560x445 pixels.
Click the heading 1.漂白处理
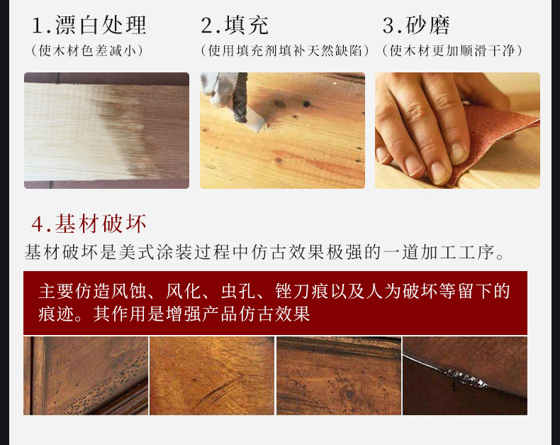(89, 25)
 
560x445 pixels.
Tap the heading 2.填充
(235, 25)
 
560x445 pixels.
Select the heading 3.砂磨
(415, 25)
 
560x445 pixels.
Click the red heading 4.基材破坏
(89, 224)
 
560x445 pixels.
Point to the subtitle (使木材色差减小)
(87, 51)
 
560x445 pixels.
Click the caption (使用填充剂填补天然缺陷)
(285, 51)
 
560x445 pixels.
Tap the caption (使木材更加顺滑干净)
(452, 51)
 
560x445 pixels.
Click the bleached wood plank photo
(106, 131)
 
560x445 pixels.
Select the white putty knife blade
(257, 120)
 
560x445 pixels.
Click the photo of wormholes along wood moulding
(86, 375)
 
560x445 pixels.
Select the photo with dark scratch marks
(212, 375)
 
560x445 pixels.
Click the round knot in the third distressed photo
(348, 392)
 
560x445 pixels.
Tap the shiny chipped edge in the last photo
(465, 378)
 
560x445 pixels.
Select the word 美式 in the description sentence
(137, 253)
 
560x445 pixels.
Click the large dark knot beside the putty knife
(279, 104)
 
